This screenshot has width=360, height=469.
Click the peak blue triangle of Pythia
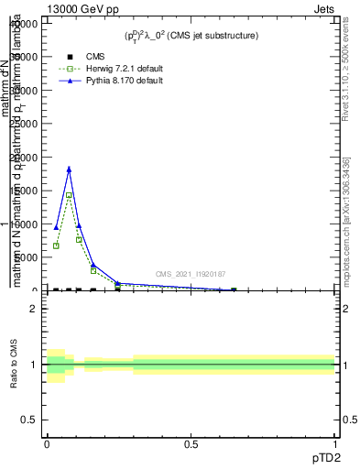tap(69, 169)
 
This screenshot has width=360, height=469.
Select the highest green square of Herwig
tap(69, 195)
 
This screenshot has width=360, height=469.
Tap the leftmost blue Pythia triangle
tap(56, 227)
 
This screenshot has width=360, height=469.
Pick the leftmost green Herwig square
tap(56, 245)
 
